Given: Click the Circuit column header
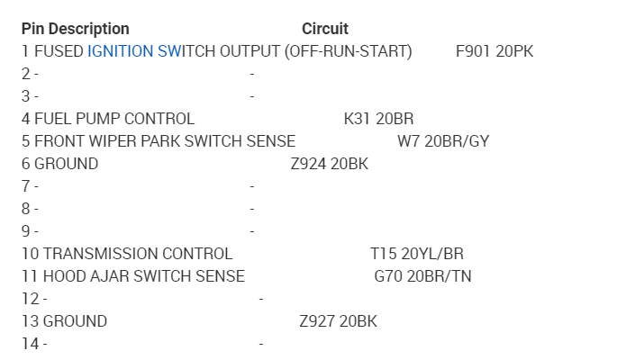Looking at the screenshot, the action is [324, 29].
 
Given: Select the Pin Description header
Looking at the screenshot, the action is [76, 29].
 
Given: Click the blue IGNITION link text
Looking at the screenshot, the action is [121, 51].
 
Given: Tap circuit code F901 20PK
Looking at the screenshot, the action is [494, 51].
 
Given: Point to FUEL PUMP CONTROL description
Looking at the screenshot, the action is [114, 119].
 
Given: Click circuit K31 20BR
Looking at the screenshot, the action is [378, 119].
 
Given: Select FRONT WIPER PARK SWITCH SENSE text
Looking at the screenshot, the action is [165, 141].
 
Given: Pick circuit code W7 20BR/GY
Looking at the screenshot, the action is [443, 141].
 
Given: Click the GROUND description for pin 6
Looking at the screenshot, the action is [66, 164].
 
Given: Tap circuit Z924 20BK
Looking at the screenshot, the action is [329, 164].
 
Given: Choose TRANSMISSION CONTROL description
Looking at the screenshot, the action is [138, 254].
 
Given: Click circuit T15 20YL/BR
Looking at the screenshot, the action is [417, 254].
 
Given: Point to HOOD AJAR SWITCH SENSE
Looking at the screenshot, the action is [144, 276].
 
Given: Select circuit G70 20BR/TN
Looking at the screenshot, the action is [422, 276].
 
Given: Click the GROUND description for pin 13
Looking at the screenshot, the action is [75, 321].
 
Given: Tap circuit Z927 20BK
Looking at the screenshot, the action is [338, 321].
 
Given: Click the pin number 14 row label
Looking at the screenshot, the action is [30, 344].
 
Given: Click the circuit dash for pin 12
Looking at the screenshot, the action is [260, 299].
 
